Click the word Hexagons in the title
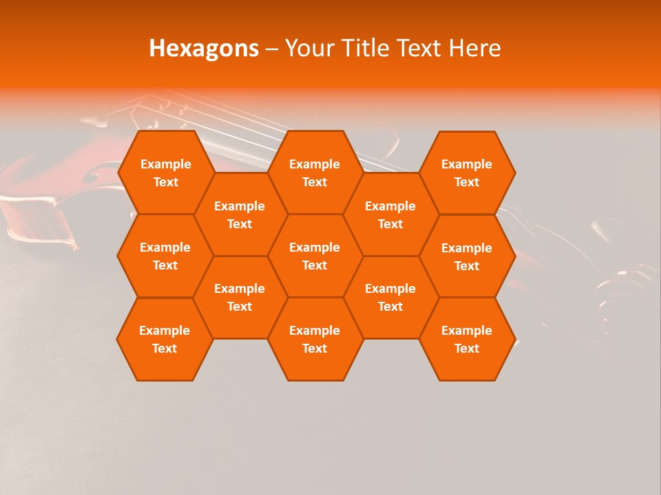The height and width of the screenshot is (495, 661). [204, 49]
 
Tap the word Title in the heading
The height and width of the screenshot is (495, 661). [365, 49]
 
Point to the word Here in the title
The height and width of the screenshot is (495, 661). [474, 49]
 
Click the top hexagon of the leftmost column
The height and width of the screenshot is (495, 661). [165, 173]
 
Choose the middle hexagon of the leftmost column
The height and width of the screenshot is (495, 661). [165, 256]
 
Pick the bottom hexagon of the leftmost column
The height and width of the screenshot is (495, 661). [165, 339]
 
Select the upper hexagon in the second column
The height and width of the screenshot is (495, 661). [240, 214]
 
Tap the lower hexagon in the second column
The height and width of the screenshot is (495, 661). [240, 297]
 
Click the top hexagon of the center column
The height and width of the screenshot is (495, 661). [315, 173]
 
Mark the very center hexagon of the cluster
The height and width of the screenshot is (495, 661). [315, 256]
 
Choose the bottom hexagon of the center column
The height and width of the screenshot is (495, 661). [315, 339]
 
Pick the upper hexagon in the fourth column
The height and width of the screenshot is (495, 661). [390, 214]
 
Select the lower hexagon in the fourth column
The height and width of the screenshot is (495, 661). [390, 297]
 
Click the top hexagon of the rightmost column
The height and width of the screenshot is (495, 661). [467, 173]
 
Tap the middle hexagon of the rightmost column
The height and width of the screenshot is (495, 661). [467, 256]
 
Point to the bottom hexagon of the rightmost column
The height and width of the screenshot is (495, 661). [467, 339]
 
